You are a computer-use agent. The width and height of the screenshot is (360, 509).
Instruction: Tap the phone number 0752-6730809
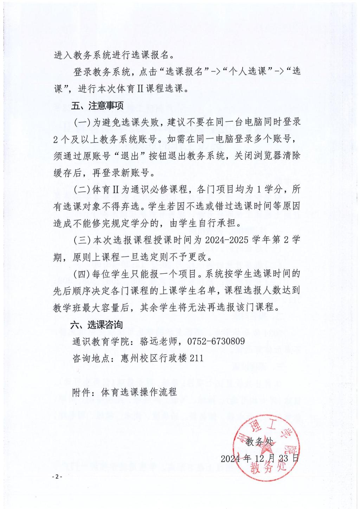click(216, 341)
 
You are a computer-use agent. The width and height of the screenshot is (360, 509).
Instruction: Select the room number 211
click(197, 358)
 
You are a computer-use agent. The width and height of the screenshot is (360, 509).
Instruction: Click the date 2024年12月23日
click(260, 458)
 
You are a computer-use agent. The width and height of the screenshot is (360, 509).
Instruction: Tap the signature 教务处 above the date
click(259, 441)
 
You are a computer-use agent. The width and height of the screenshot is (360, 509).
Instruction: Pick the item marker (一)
click(82, 122)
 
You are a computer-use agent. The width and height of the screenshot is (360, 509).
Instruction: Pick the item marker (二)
click(82, 190)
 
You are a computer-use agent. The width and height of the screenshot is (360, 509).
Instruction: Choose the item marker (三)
click(82, 241)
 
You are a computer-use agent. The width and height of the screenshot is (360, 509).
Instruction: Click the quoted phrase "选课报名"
click(183, 71)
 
